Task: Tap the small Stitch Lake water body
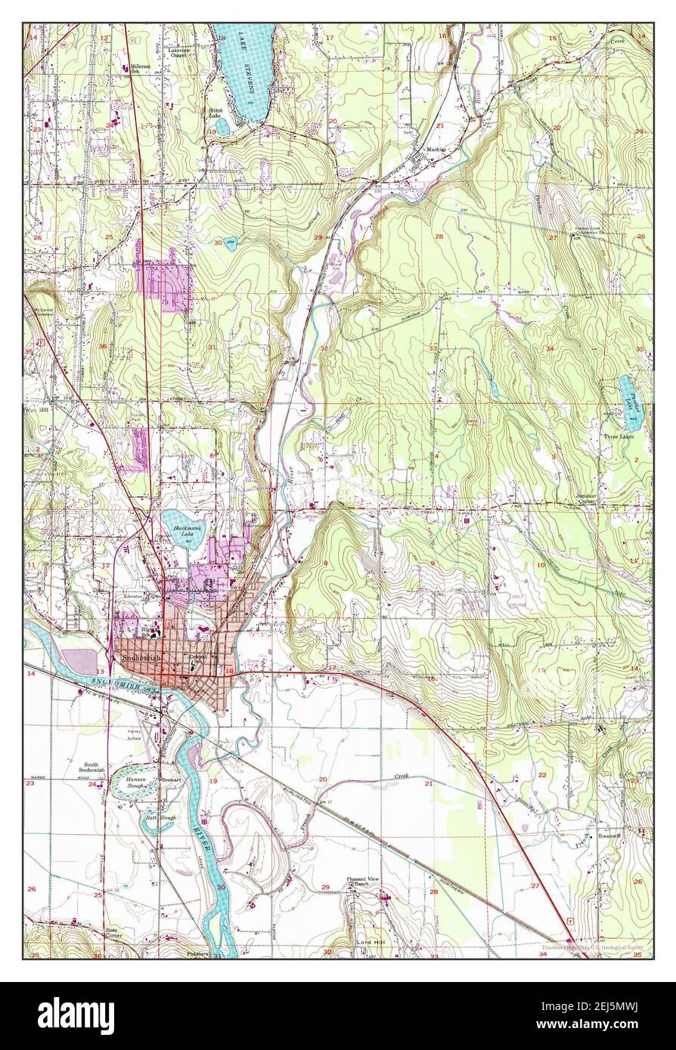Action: click(222, 125)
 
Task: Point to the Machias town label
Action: click(436, 150)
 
